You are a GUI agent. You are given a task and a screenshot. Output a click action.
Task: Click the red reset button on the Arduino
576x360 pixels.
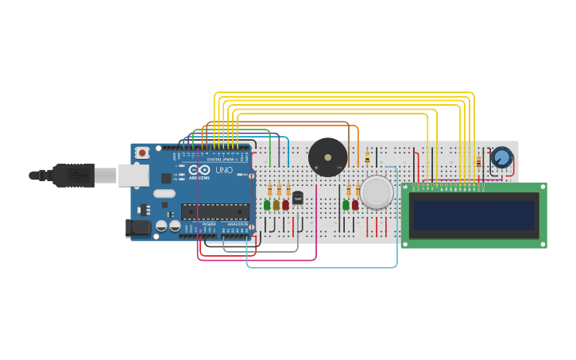142,153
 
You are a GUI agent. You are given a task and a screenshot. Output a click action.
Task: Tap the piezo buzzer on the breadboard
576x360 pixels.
327,157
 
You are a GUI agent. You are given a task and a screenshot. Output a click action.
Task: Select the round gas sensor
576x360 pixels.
377,192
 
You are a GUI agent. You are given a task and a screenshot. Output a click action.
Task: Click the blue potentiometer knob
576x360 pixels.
501,157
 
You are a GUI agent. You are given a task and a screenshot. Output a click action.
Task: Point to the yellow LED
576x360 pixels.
276,205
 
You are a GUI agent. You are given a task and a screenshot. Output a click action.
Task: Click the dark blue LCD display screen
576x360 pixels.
474,215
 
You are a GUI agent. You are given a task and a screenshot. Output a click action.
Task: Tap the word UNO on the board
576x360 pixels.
224,170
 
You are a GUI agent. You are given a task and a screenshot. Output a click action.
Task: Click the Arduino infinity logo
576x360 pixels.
201,170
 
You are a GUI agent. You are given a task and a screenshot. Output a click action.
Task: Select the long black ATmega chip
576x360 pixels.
214,211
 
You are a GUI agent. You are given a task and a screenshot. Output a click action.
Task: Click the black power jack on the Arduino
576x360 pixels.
138,228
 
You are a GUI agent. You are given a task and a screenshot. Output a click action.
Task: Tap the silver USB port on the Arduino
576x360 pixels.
133,175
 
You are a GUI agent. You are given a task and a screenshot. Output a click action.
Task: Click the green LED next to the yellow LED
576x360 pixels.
267,205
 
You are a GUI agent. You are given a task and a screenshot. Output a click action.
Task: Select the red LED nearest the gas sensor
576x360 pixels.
355,205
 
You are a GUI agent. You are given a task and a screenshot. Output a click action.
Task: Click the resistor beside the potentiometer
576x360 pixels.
478,162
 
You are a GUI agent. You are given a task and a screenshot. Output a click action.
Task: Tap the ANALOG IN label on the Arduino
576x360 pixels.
237,225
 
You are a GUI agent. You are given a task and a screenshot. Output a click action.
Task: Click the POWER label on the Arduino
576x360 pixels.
209,225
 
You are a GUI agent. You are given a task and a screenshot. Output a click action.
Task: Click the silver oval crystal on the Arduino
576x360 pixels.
164,193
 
